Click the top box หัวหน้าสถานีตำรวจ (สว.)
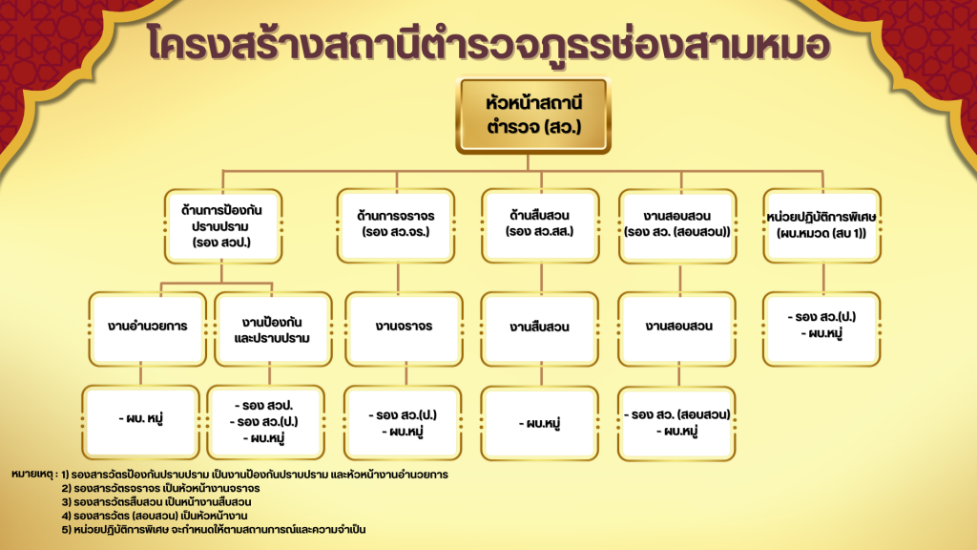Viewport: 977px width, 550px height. point(533,116)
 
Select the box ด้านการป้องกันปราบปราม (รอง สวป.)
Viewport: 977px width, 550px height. point(223,225)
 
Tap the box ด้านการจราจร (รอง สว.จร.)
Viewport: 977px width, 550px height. point(396,225)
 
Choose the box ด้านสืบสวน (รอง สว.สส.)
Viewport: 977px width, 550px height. point(540,225)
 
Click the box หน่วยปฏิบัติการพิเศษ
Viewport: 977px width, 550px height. point(821,225)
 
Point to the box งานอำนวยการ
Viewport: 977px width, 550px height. point(148,328)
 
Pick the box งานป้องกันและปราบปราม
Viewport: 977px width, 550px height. point(273,328)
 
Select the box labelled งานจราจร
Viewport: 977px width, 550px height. point(404,328)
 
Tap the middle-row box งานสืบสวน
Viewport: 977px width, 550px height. point(540,328)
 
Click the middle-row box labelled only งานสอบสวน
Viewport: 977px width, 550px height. point(677,328)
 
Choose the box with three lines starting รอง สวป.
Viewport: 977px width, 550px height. point(265,422)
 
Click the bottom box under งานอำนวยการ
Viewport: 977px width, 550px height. point(141,422)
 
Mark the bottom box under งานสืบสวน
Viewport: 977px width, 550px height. point(540,423)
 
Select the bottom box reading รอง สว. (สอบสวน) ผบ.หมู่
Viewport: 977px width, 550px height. point(677,423)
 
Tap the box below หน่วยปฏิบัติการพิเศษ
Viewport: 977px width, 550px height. point(821,328)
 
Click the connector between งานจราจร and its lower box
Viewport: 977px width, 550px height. point(406,376)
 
